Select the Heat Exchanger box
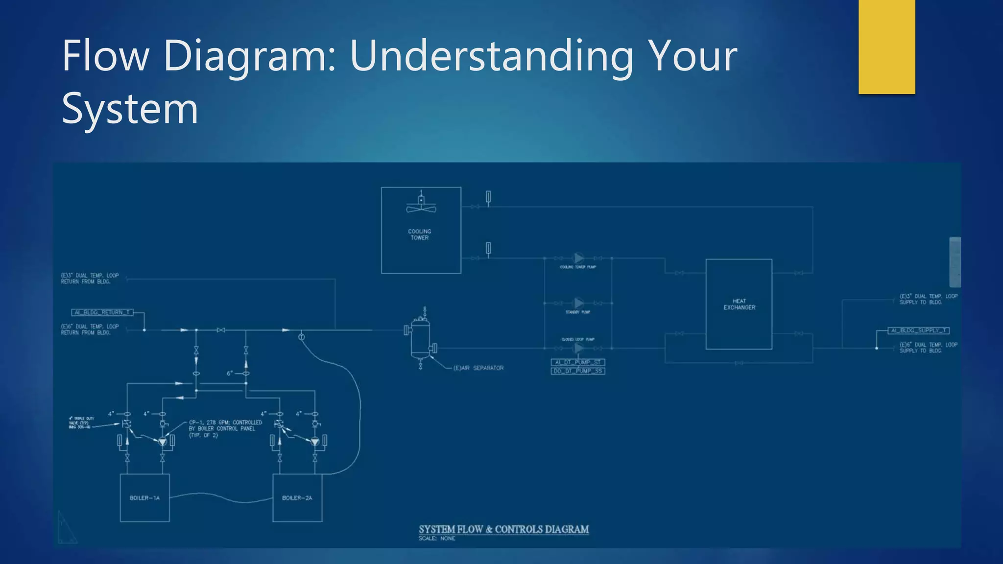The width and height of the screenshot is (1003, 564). (x=739, y=304)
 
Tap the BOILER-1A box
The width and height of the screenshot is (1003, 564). (x=144, y=498)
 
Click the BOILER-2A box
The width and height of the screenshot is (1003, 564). (x=297, y=498)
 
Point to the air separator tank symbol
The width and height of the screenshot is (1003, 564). (x=420, y=338)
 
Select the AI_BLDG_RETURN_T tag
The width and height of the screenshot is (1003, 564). (x=102, y=312)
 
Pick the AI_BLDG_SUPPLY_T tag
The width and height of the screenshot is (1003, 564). (x=919, y=330)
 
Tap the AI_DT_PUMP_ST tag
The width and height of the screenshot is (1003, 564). (x=578, y=362)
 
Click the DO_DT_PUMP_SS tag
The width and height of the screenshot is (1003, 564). (x=578, y=371)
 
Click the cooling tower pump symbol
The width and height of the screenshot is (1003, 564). (x=579, y=258)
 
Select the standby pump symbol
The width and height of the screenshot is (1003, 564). (x=579, y=303)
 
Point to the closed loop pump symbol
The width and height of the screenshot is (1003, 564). (x=579, y=348)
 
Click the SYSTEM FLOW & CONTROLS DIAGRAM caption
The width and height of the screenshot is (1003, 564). (x=503, y=529)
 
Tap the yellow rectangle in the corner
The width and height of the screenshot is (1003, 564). (x=886, y=47)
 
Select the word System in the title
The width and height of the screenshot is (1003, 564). (x=130, y=109)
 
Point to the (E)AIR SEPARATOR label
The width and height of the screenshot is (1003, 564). (x=478, y=368)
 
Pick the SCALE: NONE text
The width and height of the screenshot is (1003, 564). (x=437, y=539)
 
